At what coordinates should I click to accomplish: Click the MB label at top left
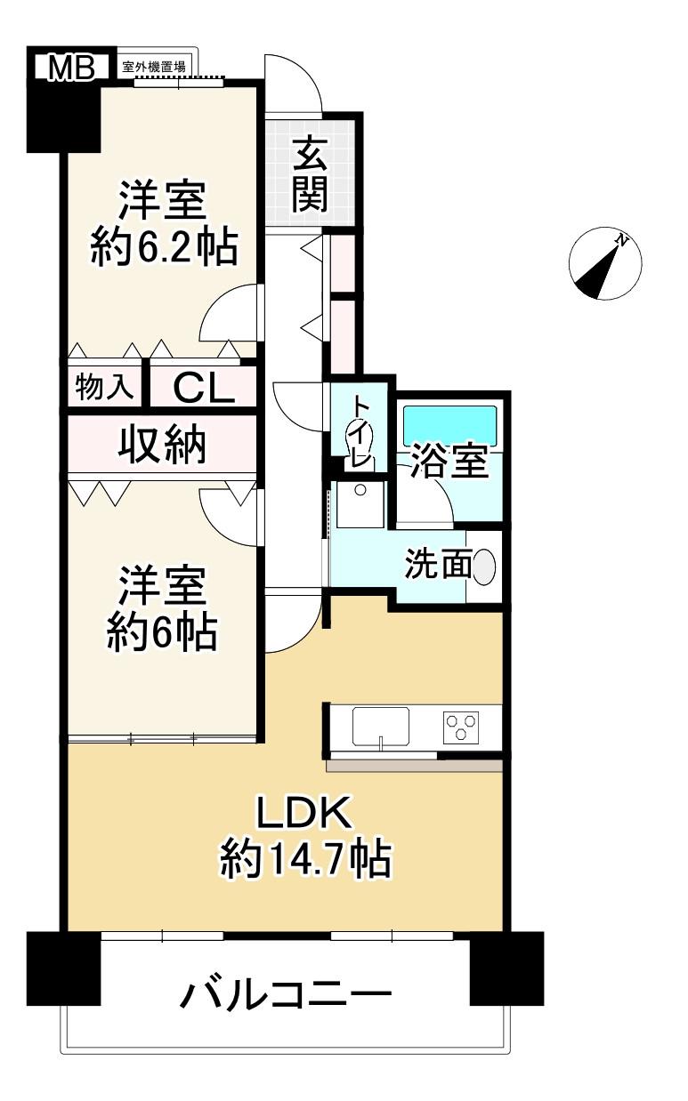72,68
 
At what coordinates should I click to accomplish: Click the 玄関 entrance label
310,173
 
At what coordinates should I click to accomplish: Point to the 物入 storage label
105,387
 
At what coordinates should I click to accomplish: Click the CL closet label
204,388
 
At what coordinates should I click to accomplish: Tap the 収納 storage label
162,445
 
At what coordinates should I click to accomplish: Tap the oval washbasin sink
484,567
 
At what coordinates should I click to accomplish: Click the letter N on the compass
623,241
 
